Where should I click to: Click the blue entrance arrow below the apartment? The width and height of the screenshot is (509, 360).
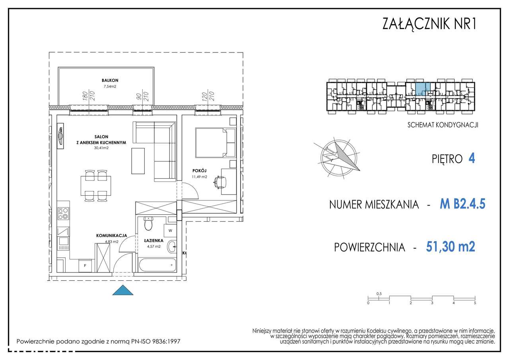pyautogui.click(x=122, y=291)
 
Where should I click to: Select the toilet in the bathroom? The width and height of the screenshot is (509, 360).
pyautogui.click(x=148, y=224)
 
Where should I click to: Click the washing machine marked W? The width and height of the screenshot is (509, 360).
pyautogui.click(x=170, y=230)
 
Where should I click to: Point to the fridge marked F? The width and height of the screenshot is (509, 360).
pyautogui.click(x=85, y=266)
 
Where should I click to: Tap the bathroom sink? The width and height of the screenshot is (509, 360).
pyautogui.click(x=171, y=247)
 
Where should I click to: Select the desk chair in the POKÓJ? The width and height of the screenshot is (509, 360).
pyautogui.click(x=220, y=182)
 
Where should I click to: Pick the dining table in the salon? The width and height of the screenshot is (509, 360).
pyautogui.click(x=96, y=185)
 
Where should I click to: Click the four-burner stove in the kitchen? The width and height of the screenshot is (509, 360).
pyautogui.click(x=63, y=214)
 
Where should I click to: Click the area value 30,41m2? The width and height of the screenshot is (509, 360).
pyautogui.click(x=101, y=148)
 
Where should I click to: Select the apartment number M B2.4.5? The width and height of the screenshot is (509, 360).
pyautogui.click(x=462, y=204)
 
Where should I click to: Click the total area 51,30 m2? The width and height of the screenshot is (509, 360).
pyautogui.click(x=450, y=247)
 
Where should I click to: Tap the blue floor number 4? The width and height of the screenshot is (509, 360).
pyautogui.click(x=472, y=159)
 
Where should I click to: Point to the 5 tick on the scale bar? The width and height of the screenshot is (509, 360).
pyautogui.click(x=475, y=303)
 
